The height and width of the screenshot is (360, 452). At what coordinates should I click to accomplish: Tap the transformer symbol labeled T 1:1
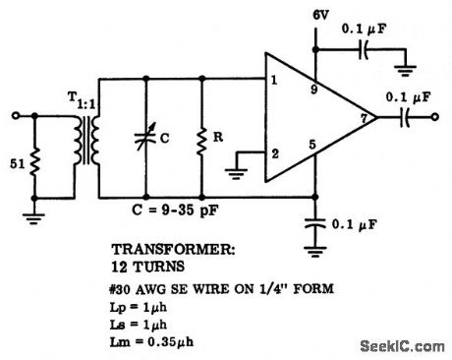pyautogui.click(x=86, y=141)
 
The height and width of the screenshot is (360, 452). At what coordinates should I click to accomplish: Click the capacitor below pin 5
pyautogui.click(x=315, y=221)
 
